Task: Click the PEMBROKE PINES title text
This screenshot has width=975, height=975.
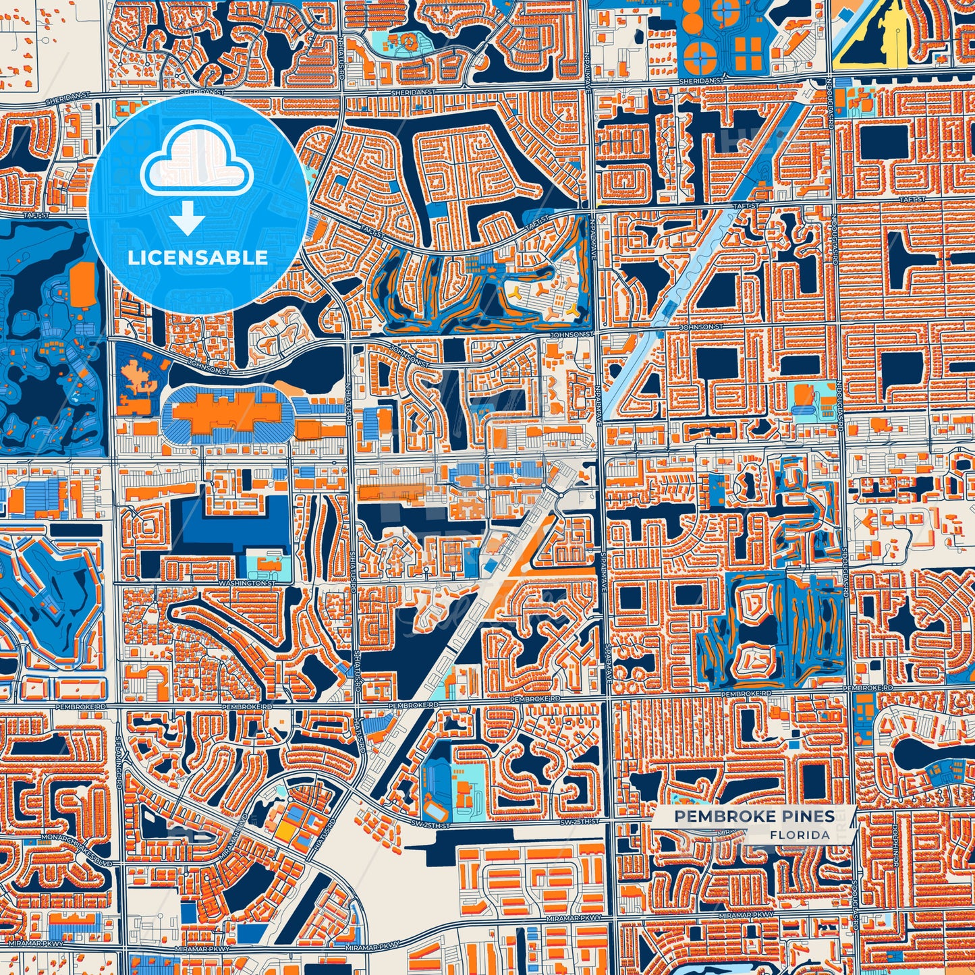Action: pos(754,816)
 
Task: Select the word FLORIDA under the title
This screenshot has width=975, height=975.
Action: pos(800,835)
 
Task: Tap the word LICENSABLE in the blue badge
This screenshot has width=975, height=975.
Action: pos(198,257)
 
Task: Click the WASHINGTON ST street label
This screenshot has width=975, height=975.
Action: pos(248,582)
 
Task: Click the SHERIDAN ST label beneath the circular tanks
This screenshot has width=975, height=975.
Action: pos(700,80)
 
